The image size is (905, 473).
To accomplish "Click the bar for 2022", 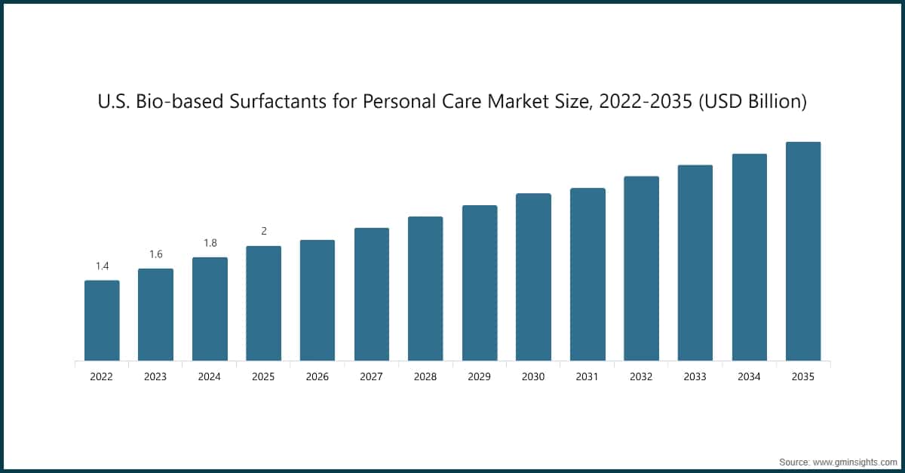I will pyautogui.click(x=102, y=321).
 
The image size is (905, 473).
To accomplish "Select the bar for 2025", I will pyautogui.click(x=263, y=303).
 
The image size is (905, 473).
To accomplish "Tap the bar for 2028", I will pyautogui.click(x=425, y=288).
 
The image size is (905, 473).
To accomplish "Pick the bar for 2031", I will pyautogui.click(x=587, y=274).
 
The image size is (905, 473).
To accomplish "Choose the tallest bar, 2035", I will pyautogui.click(x=803, y=251).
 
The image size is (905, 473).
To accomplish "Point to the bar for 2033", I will pyautogui.click(x=695, y=263).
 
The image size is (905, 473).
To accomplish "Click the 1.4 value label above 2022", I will pyautogui.click(x=102, y=266).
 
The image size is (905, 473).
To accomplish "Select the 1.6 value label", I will pyautogui.click(x=155, y=254).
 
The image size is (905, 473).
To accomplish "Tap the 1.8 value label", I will pyautogui.click(x=210, y=243).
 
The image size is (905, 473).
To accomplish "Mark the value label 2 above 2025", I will pyautogui.click(x=264, y=232).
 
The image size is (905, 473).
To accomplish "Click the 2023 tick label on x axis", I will pyautogui.click(x=155, y=376).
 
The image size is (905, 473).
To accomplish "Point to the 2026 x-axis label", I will pyautogui.click(x=318, y=376).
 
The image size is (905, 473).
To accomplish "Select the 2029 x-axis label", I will pyautogui.click(x=480, y=376).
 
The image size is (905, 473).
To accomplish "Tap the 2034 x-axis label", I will pyautogui.click(x=750, y=376).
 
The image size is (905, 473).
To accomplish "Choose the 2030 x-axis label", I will pyautogui.click(x=533, y=376).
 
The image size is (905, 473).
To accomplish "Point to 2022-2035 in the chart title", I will pyautogui.click(x=646, y=102).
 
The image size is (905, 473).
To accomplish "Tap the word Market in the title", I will pyautogui.click(x=512, y=102).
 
